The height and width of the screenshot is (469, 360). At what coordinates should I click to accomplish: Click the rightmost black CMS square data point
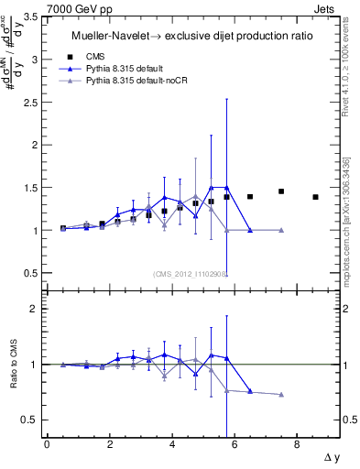[315, 197]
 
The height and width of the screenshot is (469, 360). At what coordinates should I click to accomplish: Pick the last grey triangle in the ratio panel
[281, 395]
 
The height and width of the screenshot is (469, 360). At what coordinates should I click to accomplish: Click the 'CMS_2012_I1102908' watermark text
[190, 273]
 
